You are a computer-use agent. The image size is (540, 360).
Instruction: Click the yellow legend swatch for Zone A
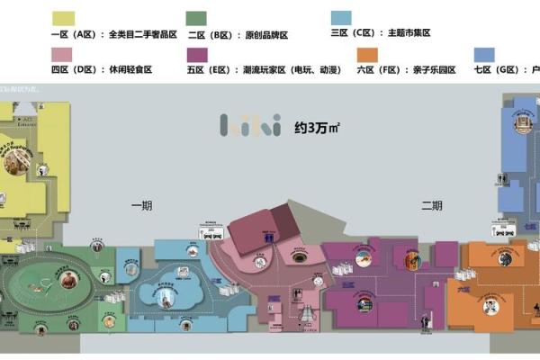point(64,19)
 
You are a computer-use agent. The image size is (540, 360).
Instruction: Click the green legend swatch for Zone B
point(195,19)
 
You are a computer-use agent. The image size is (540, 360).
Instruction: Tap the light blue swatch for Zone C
point(342,19)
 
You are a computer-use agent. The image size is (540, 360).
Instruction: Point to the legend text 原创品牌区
point(267,34)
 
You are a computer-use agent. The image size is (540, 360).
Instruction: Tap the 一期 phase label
point(141,206)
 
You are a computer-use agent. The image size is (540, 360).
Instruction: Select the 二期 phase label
point(432,206)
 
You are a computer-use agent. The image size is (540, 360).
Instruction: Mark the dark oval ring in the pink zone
point(299,257)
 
